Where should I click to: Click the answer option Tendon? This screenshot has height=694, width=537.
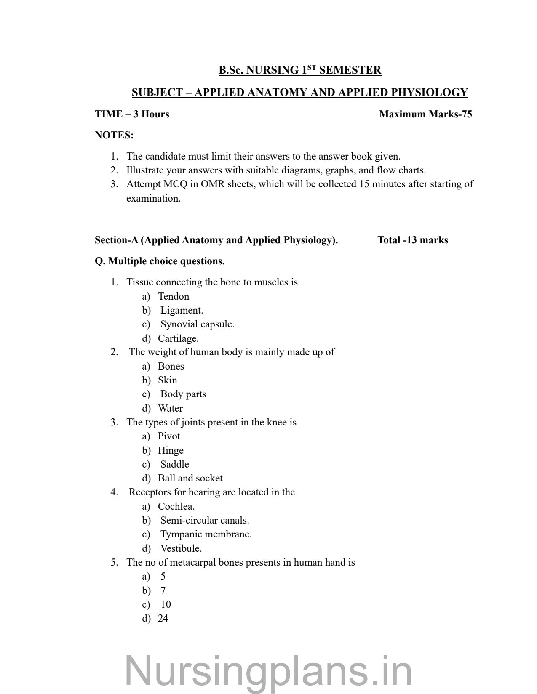[x=173, y=296]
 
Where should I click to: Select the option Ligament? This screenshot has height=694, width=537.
[x=182, y=310]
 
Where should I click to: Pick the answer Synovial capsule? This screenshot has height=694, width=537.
[x=197, y=324]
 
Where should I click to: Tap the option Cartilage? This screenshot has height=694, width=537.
[x=178, y=338]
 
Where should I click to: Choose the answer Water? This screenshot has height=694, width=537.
[x=170, y=408]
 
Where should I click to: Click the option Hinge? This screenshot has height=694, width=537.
[x=171, y=450]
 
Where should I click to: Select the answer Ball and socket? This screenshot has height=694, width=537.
[x=190, y=478]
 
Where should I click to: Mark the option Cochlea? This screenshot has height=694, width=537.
[x=176, y=506]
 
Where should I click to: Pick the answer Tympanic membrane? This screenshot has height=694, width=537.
[x=206, y=534]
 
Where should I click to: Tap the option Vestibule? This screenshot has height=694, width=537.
[x=181, y=548]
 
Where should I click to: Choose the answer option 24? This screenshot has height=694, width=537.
[x=163, y=618]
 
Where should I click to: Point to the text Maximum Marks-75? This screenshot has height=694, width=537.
[x=425, y=114]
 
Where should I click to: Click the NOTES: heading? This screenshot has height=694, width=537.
[x=114, y=135]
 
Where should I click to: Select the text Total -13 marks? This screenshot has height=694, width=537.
[x=413, y=240]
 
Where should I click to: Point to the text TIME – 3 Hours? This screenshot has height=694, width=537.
[x=132, y=114]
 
